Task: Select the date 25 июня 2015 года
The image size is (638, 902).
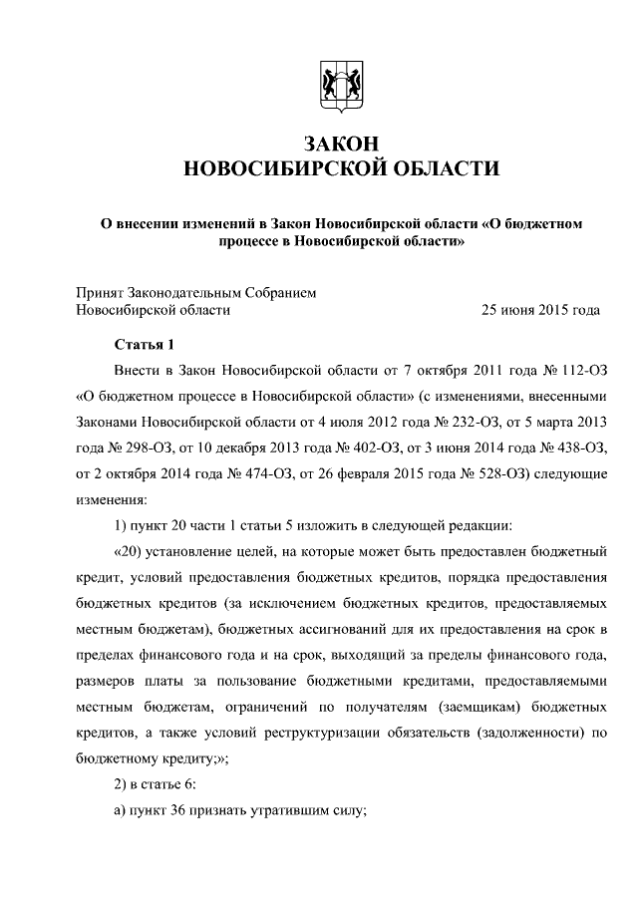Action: (540, 310)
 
